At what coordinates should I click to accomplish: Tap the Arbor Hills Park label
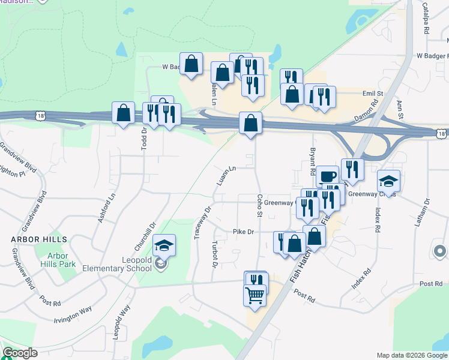63,259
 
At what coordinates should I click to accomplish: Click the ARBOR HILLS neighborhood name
38,239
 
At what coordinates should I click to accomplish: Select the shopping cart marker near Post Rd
255,295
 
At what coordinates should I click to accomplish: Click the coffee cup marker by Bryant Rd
327,176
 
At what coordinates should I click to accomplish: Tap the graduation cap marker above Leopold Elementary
164,245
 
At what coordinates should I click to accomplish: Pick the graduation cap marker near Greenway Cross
388,181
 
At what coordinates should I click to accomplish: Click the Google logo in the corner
20,353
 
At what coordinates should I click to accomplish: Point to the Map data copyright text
412,355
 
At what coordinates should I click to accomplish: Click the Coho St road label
260,205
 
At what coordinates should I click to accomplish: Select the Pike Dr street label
244,232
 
